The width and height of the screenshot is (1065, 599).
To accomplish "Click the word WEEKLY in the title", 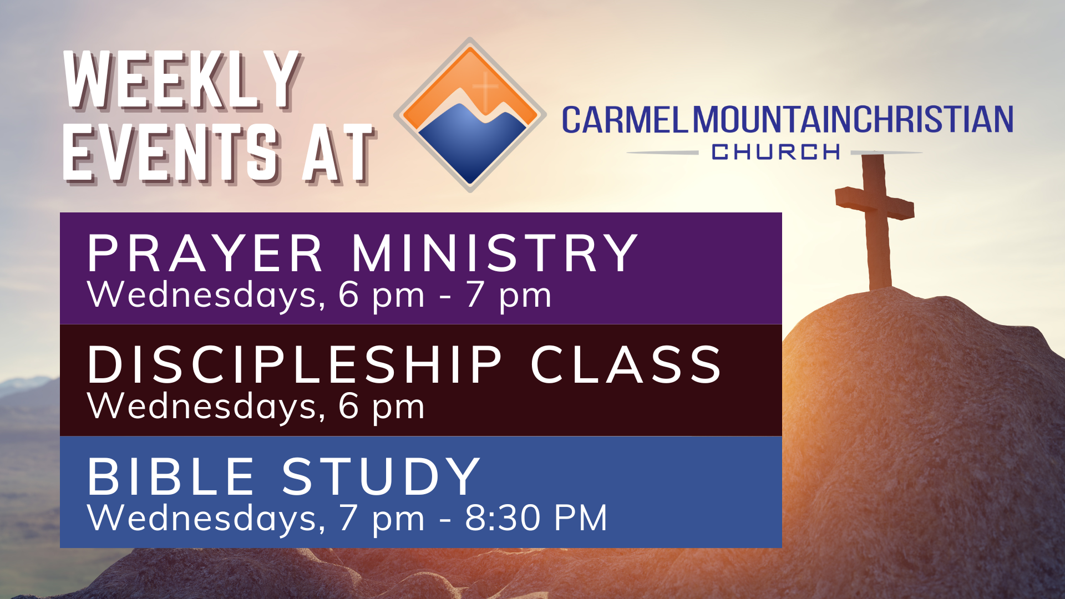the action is [x=183, y=80].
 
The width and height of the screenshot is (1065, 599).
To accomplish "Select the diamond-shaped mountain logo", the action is [x=470, y=115].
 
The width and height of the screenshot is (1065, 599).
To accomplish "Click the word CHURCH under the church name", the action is [x=776, y=152].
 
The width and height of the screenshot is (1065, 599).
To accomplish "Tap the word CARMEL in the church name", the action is [x=625, y=120].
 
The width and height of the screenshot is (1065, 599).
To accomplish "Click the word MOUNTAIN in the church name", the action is [x=773, y=120].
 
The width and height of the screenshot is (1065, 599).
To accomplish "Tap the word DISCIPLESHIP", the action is [x=295, y=364].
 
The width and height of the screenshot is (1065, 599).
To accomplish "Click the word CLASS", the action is [x=626, y=364].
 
